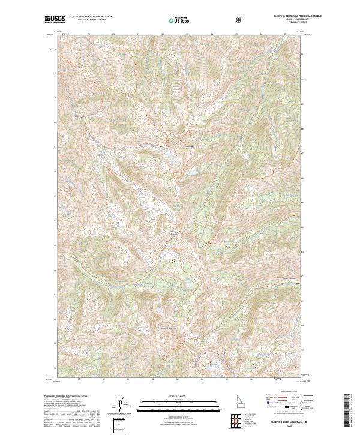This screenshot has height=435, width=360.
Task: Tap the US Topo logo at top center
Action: point(179,21)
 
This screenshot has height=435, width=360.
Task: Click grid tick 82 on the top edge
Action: point(163,34)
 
